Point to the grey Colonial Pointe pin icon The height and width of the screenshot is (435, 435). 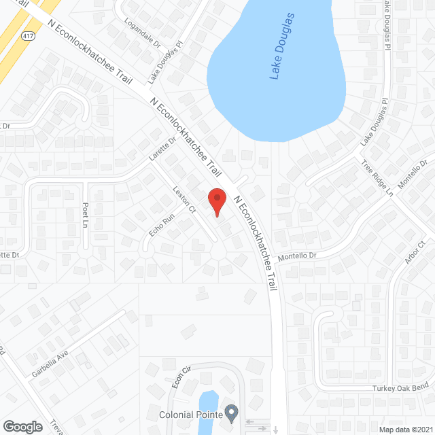tap(232, 412)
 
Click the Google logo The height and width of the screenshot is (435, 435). tap(22, 426)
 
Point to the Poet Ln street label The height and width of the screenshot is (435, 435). tap(86, 214)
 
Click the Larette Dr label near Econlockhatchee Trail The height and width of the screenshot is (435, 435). tap(162, 148)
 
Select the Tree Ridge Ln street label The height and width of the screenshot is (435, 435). tap(377, 179)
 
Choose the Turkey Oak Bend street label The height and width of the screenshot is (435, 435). tap(400, 387)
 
